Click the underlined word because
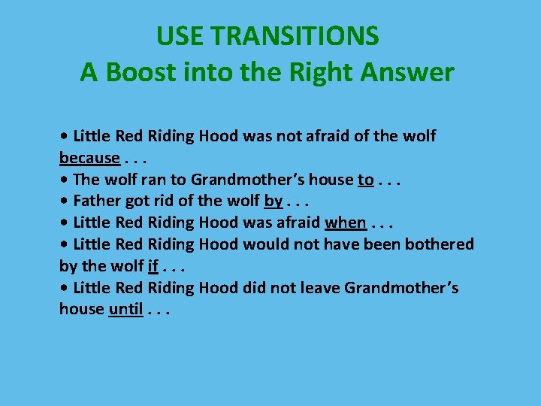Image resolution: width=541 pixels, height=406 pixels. click(89, 158)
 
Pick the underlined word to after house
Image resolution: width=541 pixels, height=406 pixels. click(365, 180)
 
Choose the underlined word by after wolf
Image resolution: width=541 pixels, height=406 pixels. click(274, 201)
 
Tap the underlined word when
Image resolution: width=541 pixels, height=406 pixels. click(345, 223)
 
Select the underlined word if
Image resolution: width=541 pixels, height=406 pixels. click(153, 266)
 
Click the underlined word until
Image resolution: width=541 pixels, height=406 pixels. click(125, 310)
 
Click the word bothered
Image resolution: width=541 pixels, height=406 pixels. click(440, 244)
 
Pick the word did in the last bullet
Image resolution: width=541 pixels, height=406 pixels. click(256, 288)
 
